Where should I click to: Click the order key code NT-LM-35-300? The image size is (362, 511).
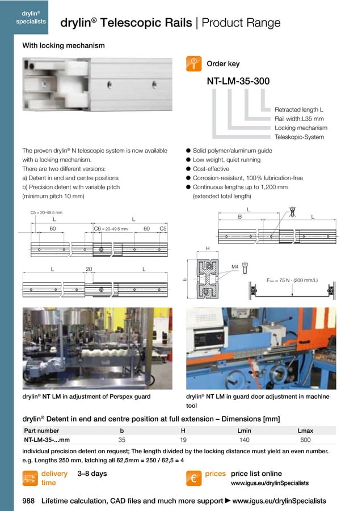[x=238, y=82]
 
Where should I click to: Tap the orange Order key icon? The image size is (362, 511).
[x=193, y=63]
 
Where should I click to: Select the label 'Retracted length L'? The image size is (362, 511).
[x=299, y=109]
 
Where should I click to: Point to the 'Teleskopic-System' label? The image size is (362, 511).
[x=299, y=137]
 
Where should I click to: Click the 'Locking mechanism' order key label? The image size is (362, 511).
[x=301, y=128]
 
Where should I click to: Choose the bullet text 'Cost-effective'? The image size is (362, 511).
[x=211, y=169]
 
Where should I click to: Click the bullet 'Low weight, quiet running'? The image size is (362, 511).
[x=226, y=160]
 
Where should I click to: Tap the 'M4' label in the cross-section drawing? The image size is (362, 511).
[x=235, y=266]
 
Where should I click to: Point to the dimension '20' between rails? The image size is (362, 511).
[x=89, y=269]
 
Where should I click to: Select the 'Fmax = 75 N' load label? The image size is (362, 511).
[x=292, y=280]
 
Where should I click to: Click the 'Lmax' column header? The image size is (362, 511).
[x=305, y=431]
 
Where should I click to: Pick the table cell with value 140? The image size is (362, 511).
[x=245, y=440]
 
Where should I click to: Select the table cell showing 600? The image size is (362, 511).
[x=305, y=440]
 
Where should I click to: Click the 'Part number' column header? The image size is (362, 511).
[x=41, y=431]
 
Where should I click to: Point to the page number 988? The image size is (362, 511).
[x=29, y=501]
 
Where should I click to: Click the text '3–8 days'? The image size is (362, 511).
[x=92, y=474]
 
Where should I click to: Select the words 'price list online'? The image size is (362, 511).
[x=256, y=474]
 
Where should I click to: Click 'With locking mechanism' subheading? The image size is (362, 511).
[x=63, y=45]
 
